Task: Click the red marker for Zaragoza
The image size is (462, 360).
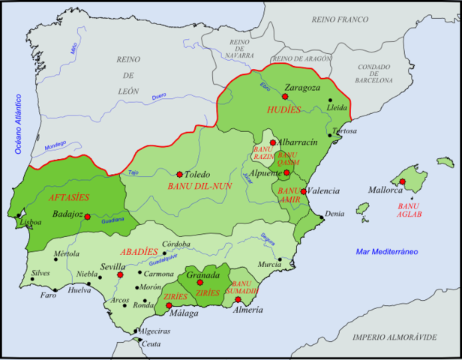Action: [285, 96]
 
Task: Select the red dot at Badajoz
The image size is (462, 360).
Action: [88, 217]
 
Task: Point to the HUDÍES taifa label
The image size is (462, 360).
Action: [283, 110]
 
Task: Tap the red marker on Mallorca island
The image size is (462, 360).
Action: [402, 181]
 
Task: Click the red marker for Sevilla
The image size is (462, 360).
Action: [119, 274]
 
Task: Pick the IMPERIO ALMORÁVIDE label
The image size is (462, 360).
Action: [396, 337]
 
